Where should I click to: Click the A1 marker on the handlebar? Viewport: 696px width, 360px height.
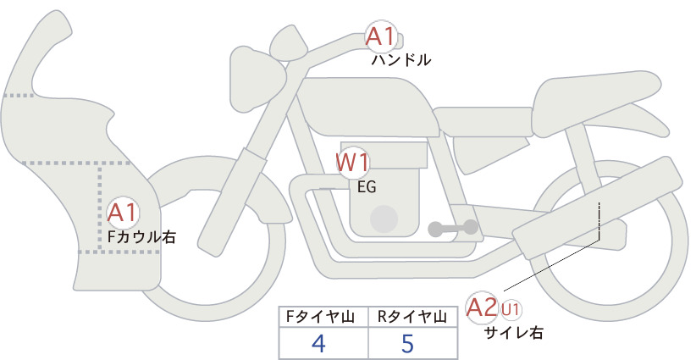[x=381, y=36]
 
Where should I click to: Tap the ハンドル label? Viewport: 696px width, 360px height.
[x=400, y=60]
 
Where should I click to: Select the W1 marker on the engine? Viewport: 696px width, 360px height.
[x=352, y=163]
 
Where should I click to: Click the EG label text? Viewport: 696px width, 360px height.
[x=367, y=187]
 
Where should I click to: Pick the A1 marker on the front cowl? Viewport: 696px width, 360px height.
[x=123, y=213]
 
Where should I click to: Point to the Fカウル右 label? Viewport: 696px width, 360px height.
[x=141, y=237]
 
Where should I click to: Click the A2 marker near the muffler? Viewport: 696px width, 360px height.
[x=482, y=307]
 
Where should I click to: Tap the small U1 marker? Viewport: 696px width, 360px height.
[x=511, y=309]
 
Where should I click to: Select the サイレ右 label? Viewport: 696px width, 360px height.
[x=513, y=333]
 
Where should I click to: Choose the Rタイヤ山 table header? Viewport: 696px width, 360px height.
[x=412, y=317]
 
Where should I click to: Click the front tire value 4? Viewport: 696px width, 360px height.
[x=318, y=343]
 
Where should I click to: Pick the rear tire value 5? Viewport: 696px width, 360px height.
[x=407, y=343]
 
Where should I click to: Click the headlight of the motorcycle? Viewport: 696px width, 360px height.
[x=256, y=80]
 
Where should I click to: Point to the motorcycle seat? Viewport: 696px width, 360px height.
[x=597, y=102]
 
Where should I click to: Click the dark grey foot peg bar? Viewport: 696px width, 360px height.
[x=453, y=228]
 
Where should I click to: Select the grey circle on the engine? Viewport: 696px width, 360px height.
[x=384, y=219]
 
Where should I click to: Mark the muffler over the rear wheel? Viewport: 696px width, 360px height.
[x=598, y=208]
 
